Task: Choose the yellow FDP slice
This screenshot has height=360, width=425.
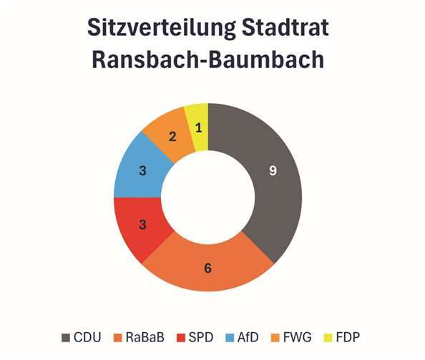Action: pos(197,125)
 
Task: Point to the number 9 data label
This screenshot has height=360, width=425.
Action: pos(273,172)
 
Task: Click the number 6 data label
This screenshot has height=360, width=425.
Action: pos(207,268)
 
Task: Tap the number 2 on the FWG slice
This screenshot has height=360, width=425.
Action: pos(172,136)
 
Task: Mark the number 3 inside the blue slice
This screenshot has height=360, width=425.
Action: pos(142,171)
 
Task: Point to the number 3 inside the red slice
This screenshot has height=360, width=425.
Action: pos(142,225)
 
